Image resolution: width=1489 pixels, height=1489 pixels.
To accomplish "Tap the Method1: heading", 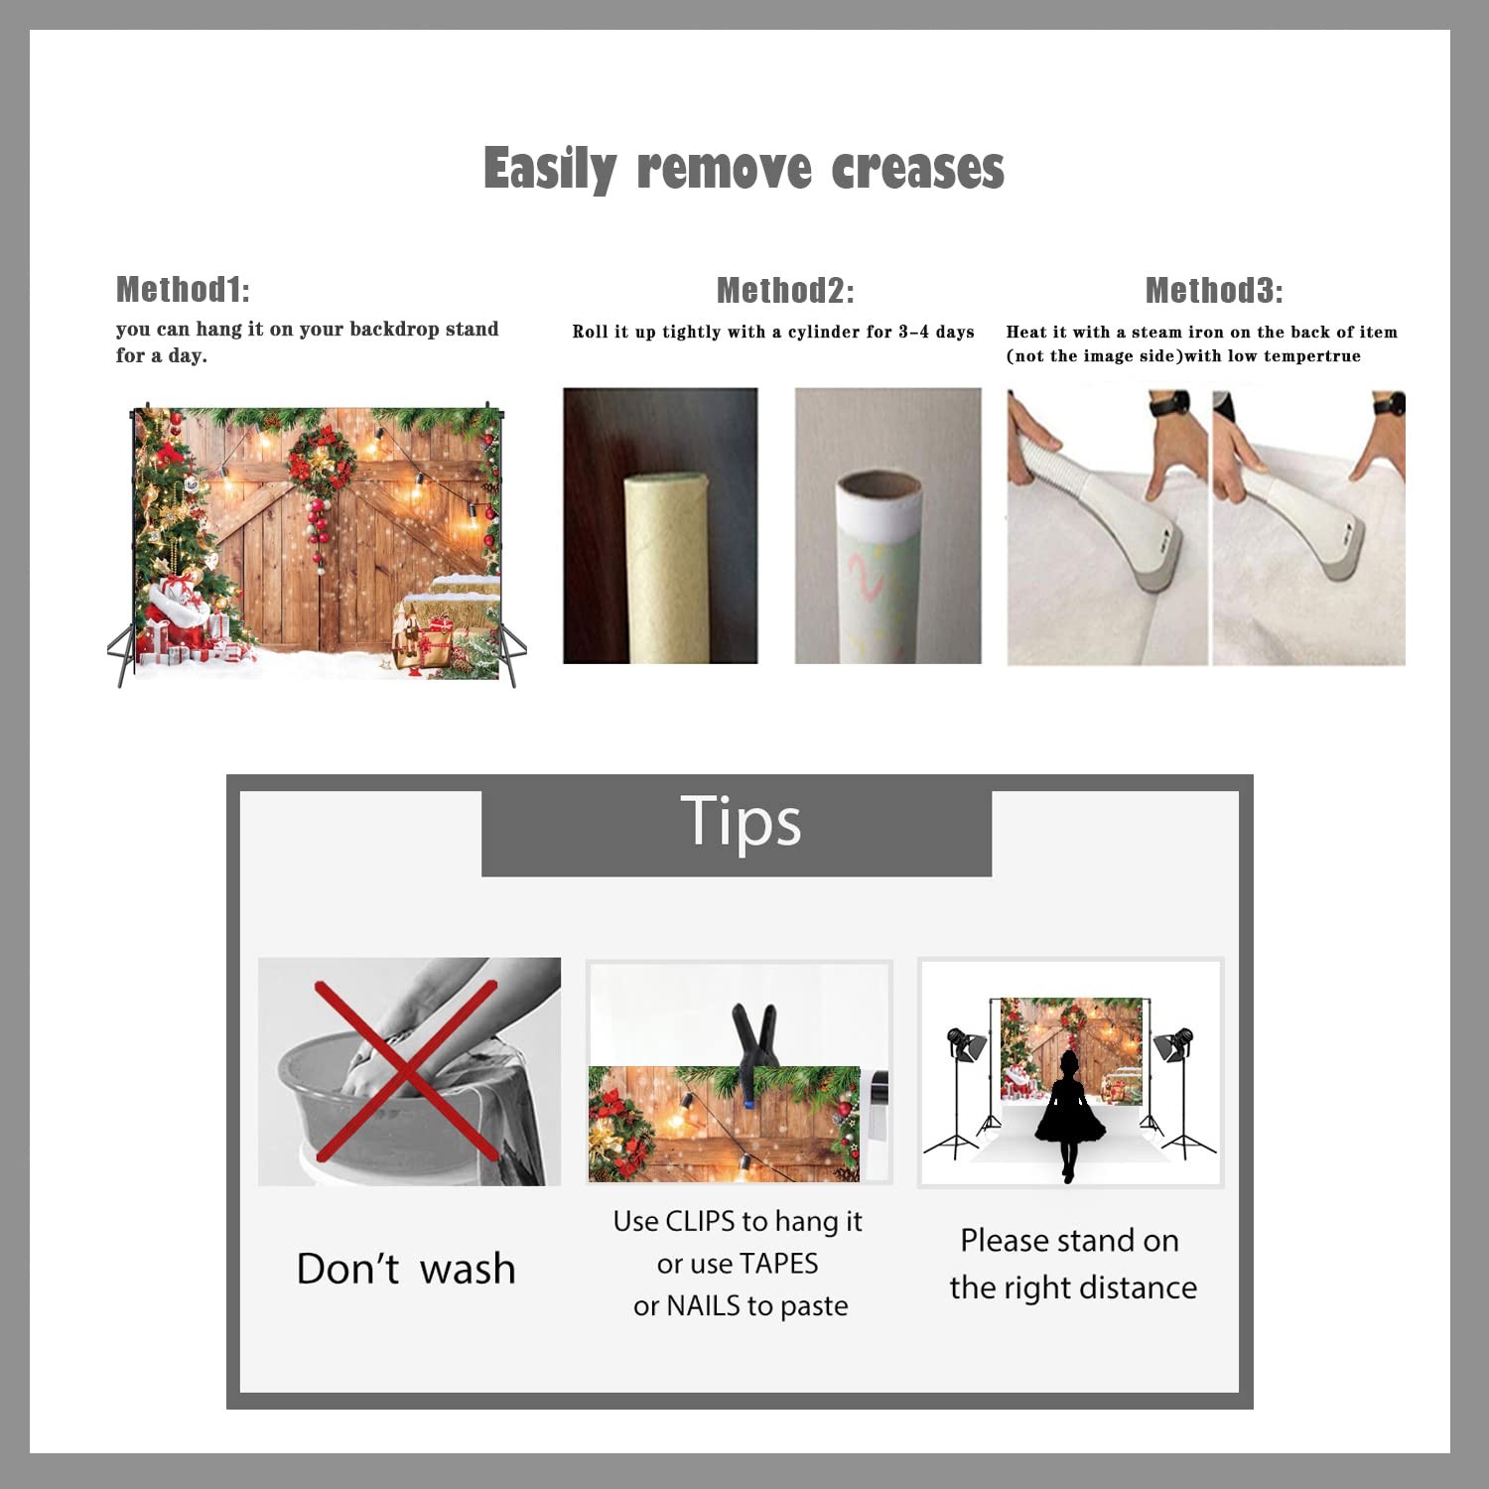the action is click(183, 289).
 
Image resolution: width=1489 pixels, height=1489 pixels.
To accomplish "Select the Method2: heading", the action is click(785, 290).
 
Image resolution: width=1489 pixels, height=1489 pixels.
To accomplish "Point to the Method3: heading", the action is click(1214, 290).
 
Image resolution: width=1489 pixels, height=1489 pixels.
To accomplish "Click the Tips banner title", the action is click(741, 822).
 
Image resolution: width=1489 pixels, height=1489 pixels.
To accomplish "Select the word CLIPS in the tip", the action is click(701, 1221).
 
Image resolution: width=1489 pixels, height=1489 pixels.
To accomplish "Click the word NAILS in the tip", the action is click(704, 1305).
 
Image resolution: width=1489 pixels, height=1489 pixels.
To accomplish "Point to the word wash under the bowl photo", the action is click(468, 1269).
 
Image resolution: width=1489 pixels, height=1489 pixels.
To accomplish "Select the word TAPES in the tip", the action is click(779, 1264).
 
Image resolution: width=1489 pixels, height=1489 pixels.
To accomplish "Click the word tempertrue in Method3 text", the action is click(1312, 356).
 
